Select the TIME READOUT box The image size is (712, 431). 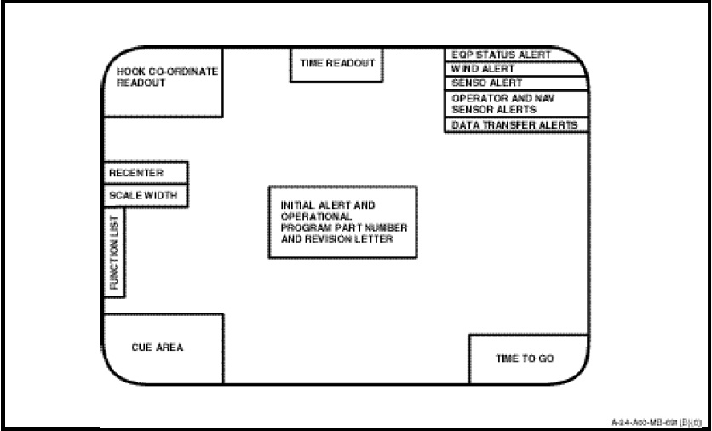(337, 65)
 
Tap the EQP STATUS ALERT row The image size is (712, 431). (515, 55)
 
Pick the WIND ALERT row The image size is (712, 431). (515, 69)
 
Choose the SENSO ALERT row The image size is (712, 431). (515, 83)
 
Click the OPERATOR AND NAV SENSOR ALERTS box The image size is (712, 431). (515, 104)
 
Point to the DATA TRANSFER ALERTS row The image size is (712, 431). (515, 125)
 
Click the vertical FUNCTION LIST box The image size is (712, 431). (114, 253)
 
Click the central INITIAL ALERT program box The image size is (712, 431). (343, 222)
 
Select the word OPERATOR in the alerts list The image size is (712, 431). (479, 99)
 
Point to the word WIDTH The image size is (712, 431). (161, 195)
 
